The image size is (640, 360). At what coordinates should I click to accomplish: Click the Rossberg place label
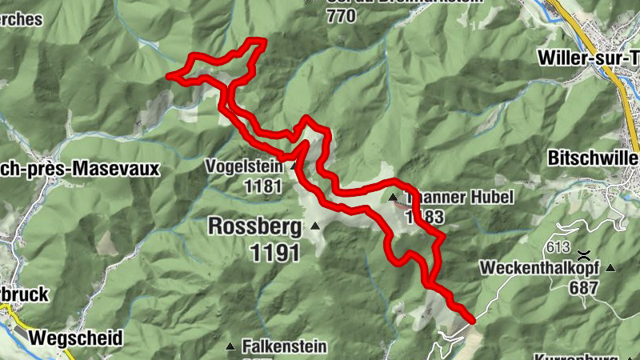(255, 226)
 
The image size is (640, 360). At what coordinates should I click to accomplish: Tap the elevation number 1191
(274, 254)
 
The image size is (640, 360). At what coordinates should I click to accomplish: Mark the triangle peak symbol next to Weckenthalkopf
(611, 267)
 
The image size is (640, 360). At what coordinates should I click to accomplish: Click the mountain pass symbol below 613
(583, 254)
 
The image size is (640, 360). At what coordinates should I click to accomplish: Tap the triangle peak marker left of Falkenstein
(230, 346)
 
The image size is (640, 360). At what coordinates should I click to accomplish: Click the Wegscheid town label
(75, 338)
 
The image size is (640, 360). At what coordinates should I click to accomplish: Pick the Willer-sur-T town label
(588, 57)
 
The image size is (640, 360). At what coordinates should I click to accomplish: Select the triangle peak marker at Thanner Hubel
(393, 198)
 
